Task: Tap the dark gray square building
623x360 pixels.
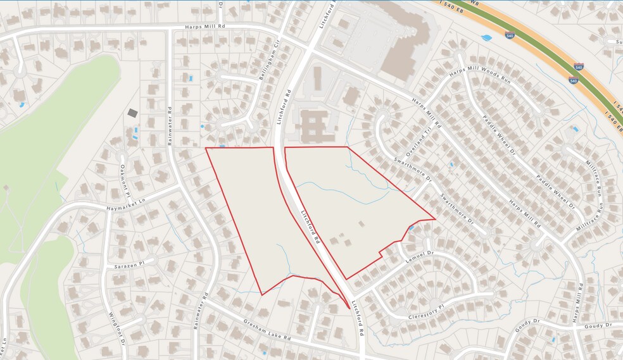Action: point(132,113)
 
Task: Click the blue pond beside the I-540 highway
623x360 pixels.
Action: point(486,38)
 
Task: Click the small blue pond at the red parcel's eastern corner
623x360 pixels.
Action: point(412,227)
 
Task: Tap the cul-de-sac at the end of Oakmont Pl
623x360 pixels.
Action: point(122,154)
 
